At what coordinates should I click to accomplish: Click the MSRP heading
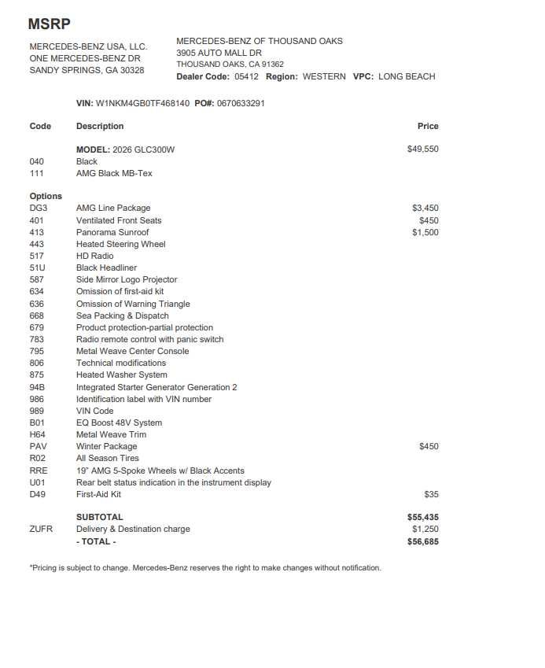[x=49, y=24]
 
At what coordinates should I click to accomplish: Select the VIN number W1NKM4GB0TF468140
[x=142, y=103]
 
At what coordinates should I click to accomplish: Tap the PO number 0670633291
[x=241, y=103]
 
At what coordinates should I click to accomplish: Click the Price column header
[x=428, y=126]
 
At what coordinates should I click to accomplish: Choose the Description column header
[x=100, y=126]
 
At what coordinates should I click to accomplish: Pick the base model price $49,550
[x=423, y=149]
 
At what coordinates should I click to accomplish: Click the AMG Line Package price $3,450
[x=425, y=209]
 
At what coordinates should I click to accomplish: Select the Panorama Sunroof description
[x=112, y=232]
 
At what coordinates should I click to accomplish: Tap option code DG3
[x=38, y=209]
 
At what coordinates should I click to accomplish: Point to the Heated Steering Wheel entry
[x=121, y=244]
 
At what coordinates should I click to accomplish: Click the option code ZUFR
[x=41, y=530]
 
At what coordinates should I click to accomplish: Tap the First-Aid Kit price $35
[x=431, y=495]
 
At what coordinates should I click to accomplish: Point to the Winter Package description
[x=107, y=446]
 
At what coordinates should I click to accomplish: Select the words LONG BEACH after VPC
[x=407, y=76]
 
